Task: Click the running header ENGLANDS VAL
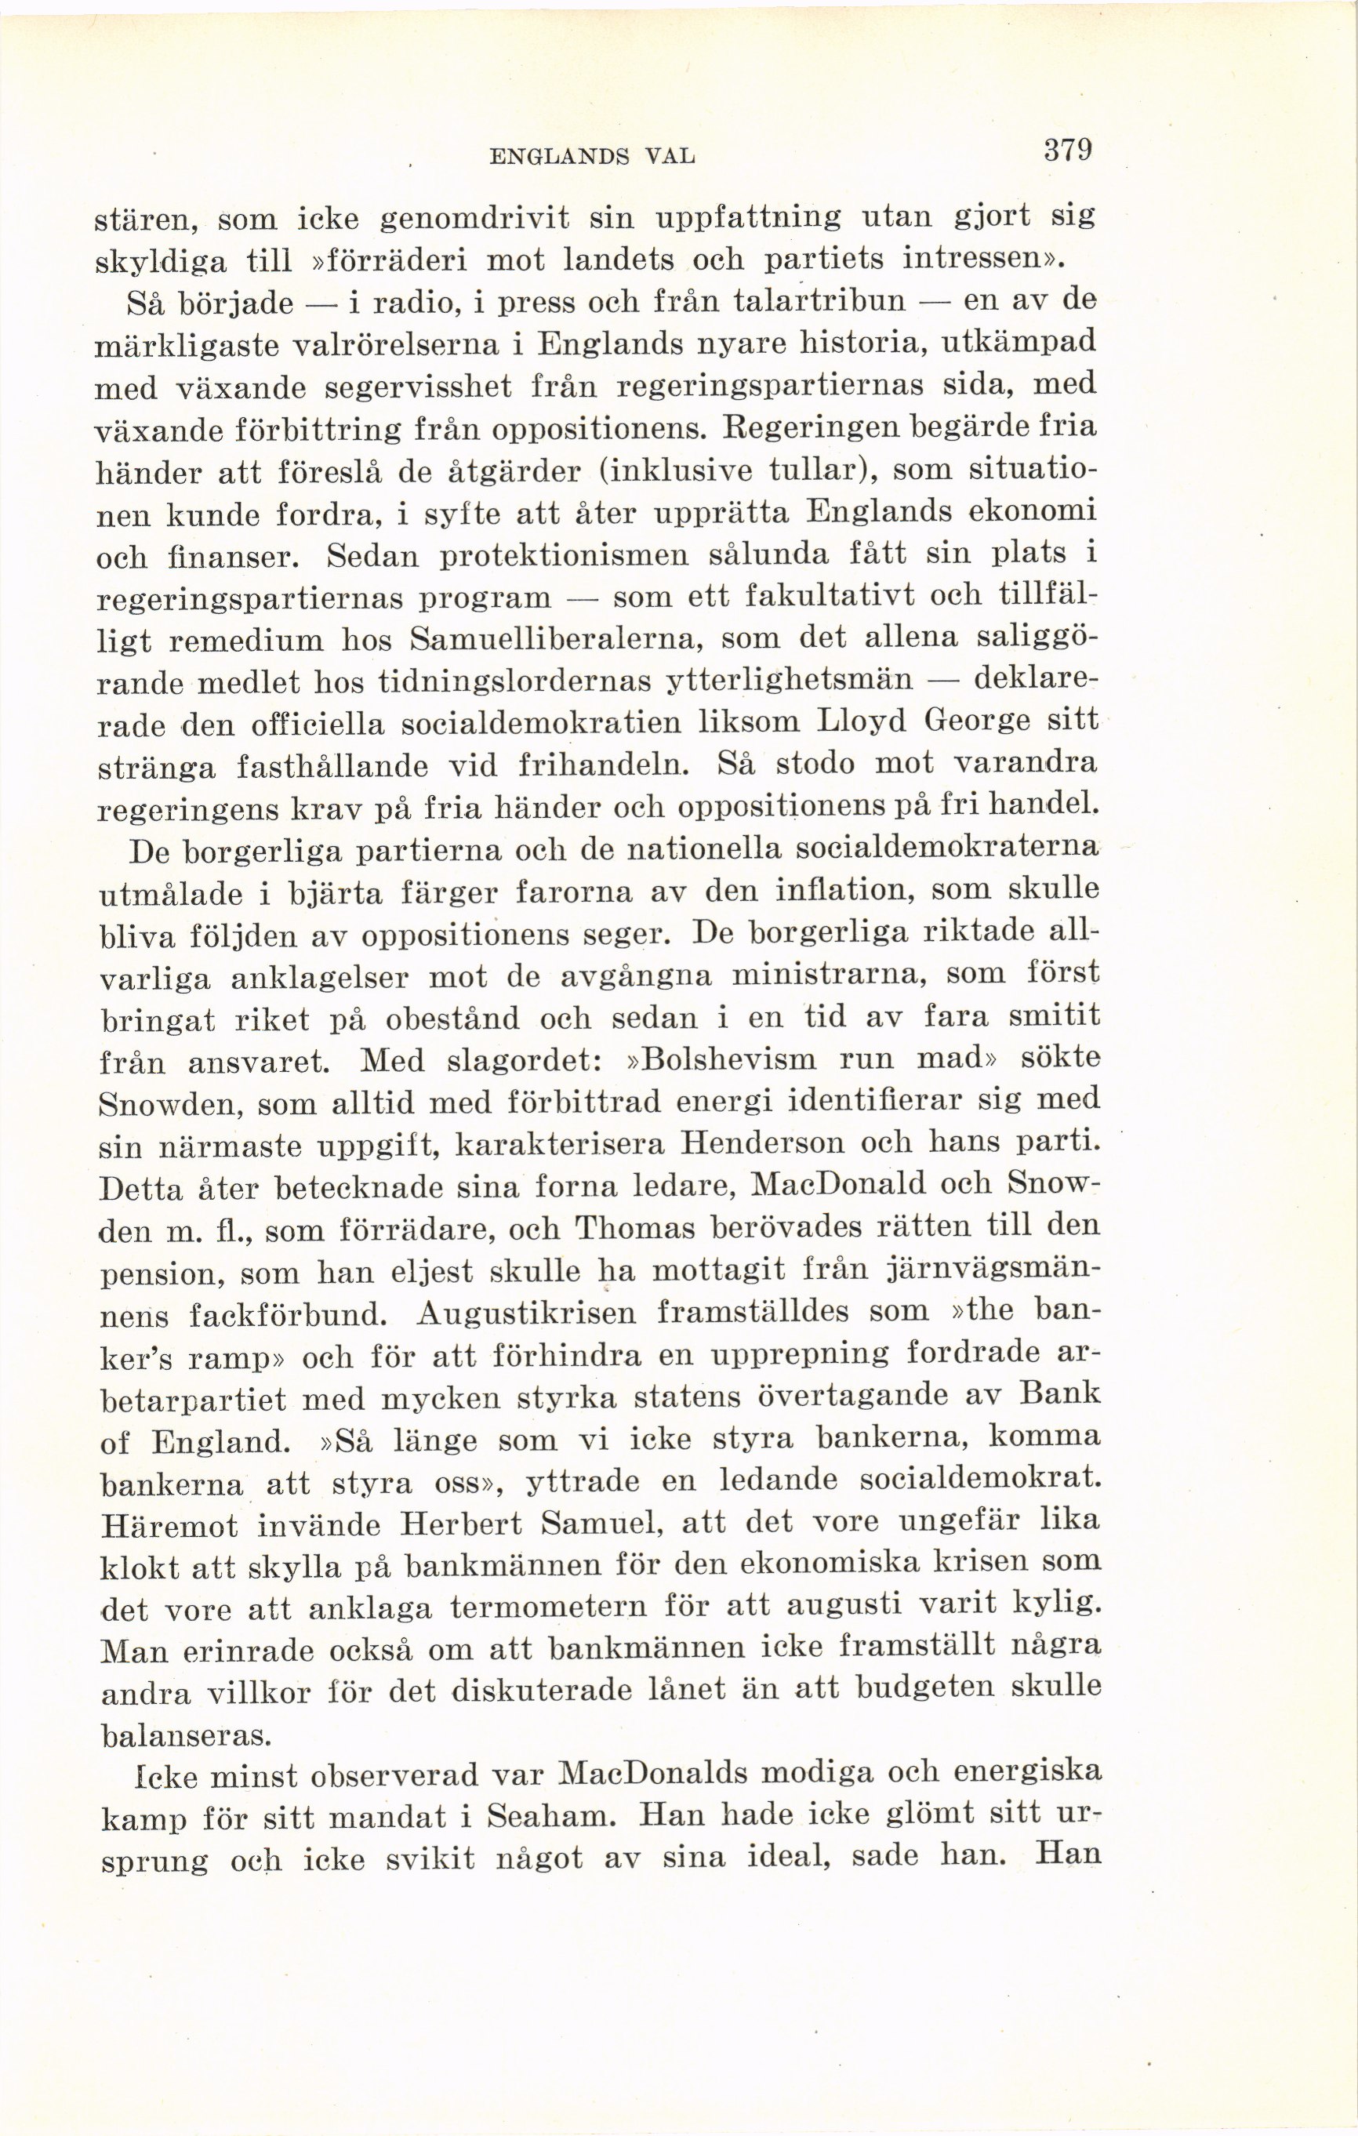pos(593,158)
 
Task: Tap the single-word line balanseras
pos(184,1735)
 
